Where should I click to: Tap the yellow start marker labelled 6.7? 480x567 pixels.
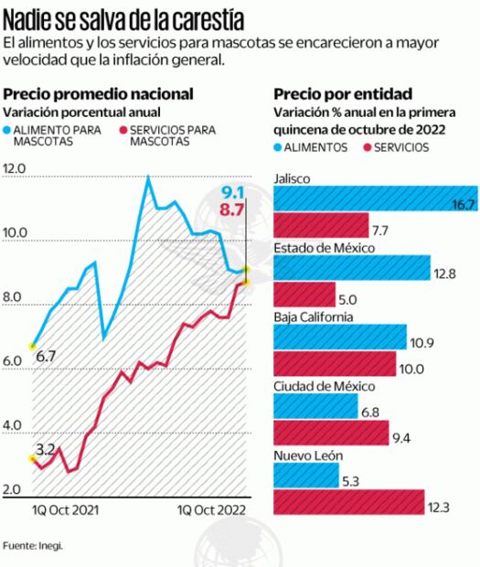tap(33, 347)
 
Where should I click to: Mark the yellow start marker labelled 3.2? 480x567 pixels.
tap(33, 459)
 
